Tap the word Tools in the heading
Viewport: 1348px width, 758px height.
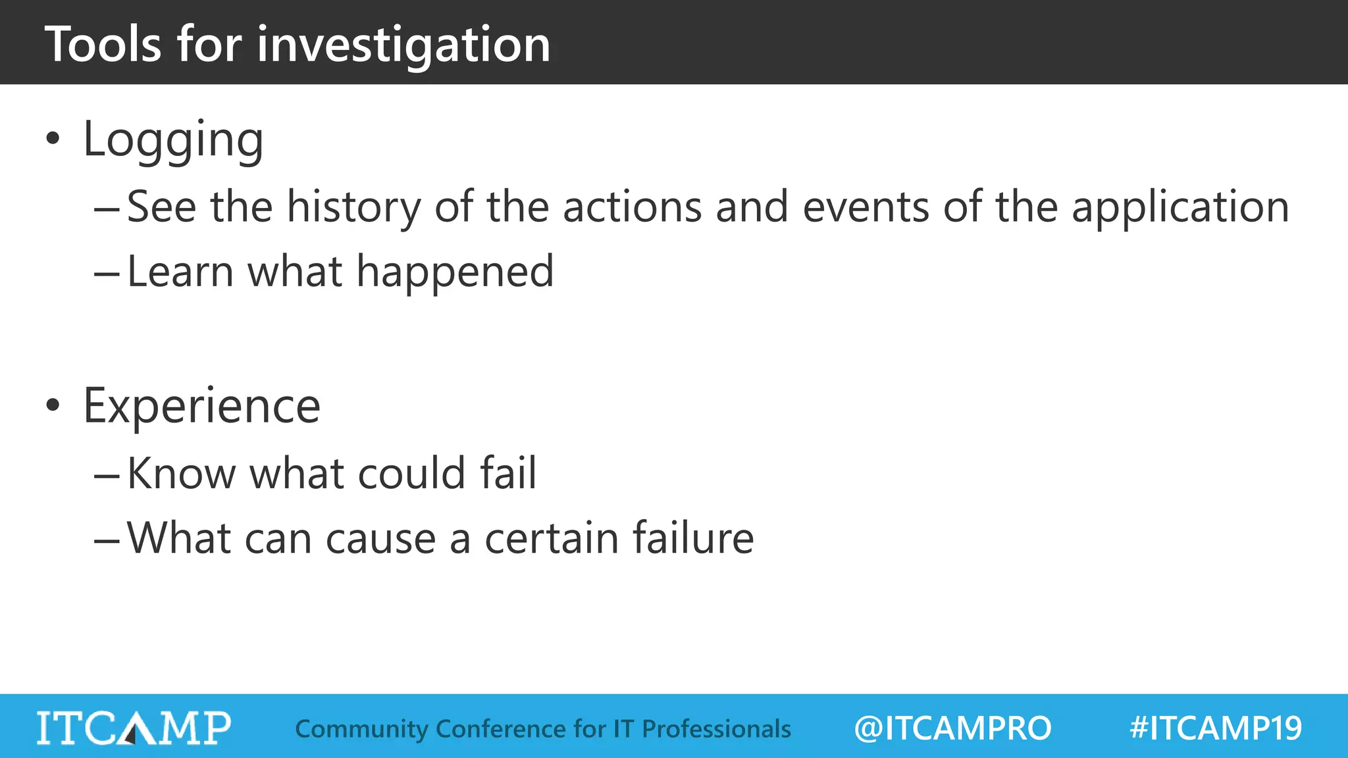coord(103,45)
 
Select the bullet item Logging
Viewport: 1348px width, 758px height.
coord(173,139)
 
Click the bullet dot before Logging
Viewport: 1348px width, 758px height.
coord(53,139)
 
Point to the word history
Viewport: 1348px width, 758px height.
coord(353,207)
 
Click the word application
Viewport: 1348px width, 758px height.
coord(1180,207)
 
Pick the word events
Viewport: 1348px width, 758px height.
coord(866,207)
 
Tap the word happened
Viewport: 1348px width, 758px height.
coord(455,272)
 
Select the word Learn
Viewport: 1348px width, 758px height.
coord(180,272)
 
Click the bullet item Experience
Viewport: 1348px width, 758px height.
coord(201,406)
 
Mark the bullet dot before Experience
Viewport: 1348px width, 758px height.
coord(53,405)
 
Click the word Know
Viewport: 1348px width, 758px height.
coord(181,473)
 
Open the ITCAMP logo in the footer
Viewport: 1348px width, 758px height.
coord(134,728)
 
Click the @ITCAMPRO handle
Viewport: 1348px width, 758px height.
coord(952,728)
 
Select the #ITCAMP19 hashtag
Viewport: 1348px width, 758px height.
coord(1216,728)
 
